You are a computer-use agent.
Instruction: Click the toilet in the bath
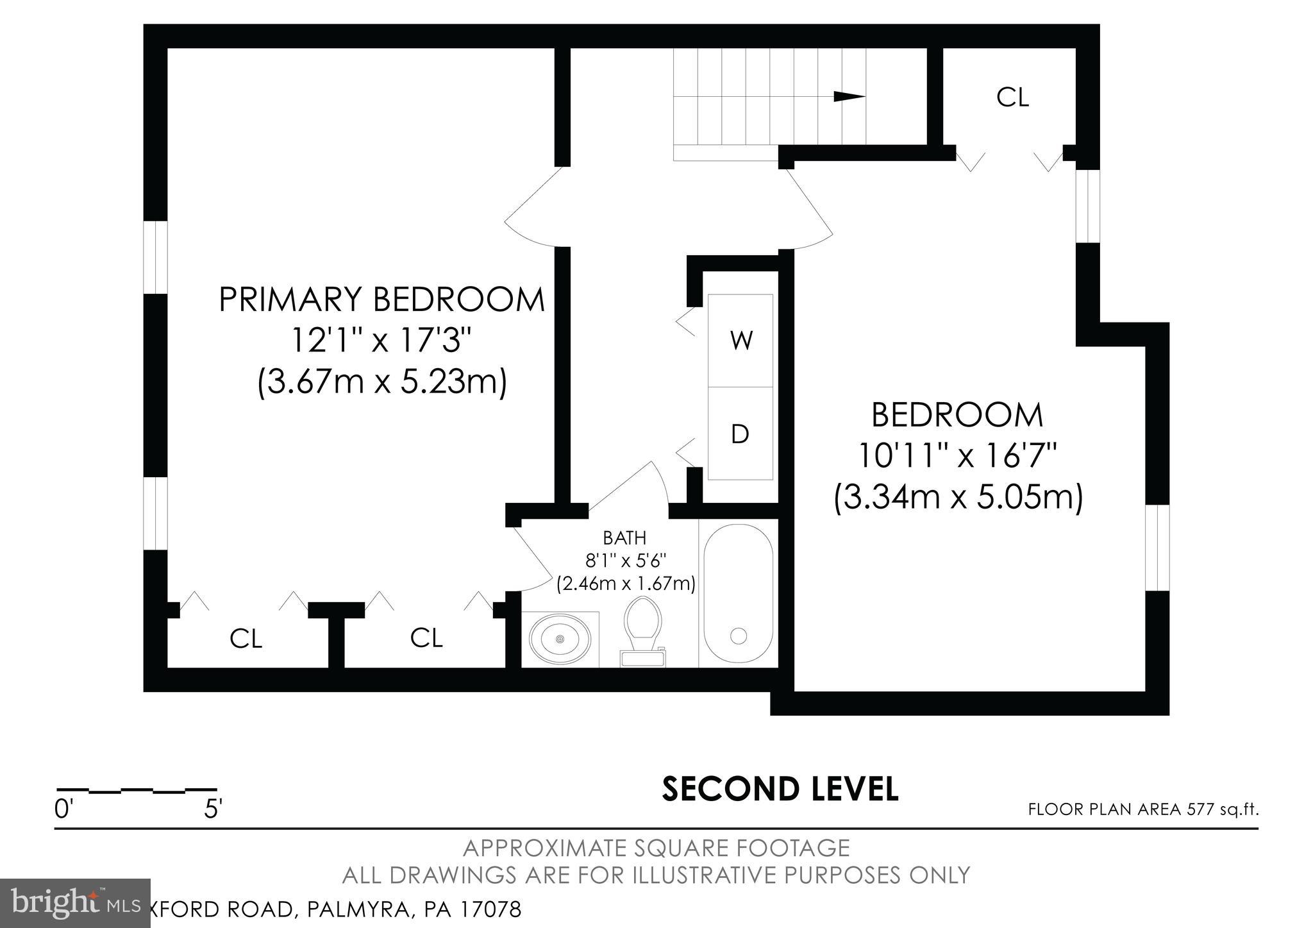tap(642, 627)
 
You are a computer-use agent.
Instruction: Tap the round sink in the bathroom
tap(560, 639)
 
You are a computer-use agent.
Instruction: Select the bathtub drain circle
tap(739, 636)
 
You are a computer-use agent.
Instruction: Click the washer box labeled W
tap(740, 341)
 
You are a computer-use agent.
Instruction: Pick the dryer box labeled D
tap(740, 434)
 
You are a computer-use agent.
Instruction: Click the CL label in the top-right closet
tap(1012, 97)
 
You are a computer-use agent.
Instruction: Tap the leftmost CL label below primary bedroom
tap(246, 639)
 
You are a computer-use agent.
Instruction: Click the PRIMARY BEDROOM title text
tap(382, 299)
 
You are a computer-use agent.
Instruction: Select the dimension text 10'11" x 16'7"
tap(957, 457)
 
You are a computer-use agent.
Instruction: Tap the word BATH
tap(624, 537)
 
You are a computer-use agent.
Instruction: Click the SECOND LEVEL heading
tap(780, 789)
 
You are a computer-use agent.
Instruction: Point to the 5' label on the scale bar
tap(213, 809)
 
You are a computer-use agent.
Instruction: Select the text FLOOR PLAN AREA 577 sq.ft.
tap(1143, 809)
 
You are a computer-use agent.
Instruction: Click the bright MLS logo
tap(76, 904)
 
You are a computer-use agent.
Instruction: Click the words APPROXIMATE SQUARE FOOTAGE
tap(656, 848)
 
